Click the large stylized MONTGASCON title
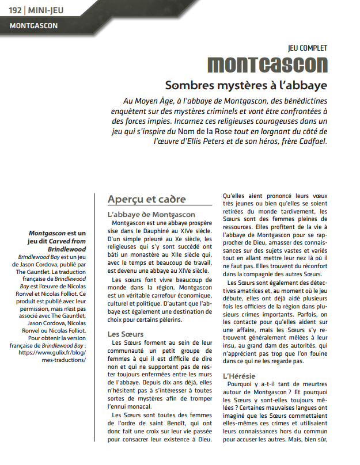267,64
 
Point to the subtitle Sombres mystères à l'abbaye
246,85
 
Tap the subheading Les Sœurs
126,333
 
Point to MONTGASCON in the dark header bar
33,26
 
